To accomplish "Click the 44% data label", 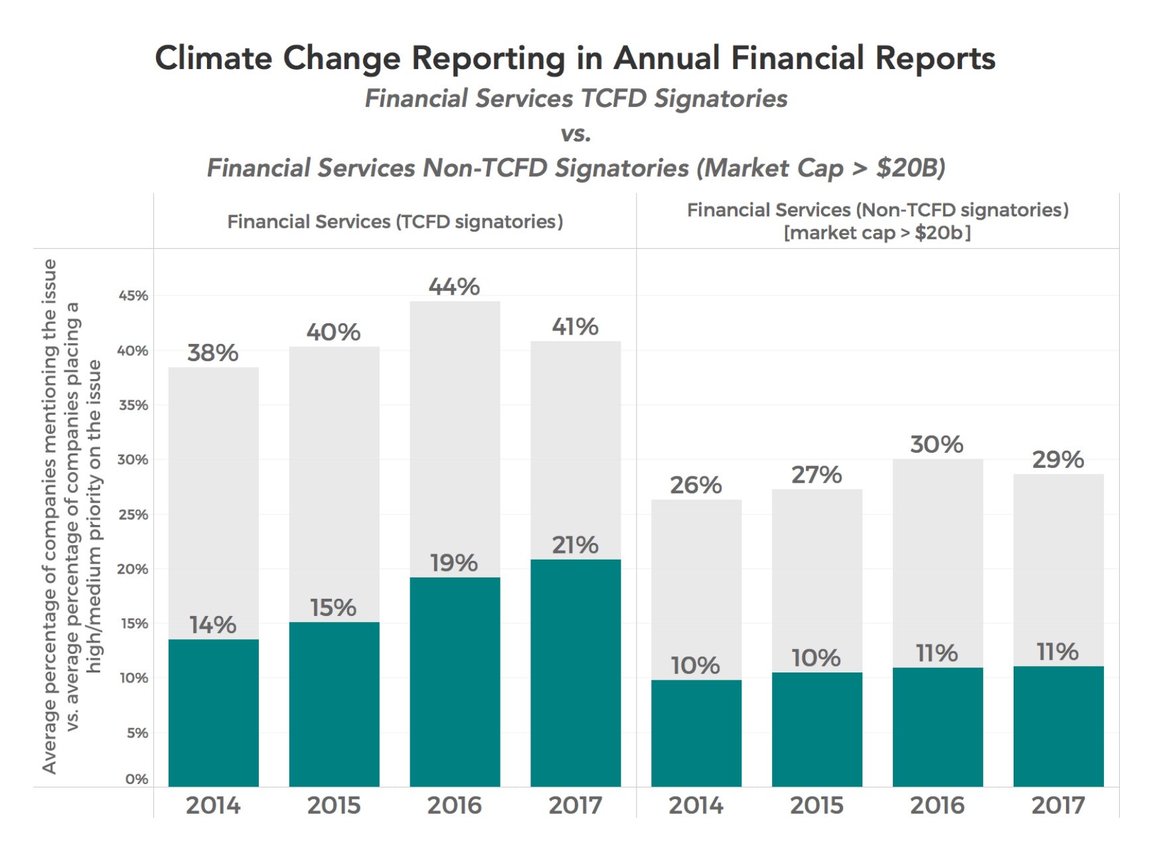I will (x=454, y=287).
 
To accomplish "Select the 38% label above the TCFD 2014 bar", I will (x=212, y=352).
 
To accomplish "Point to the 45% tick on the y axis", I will (x=133, y=295).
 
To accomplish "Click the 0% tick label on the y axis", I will (x=136, y=779).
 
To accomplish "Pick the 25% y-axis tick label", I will (x=133, y=514).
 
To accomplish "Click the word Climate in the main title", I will (x=213, y=58).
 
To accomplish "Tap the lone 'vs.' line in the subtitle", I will (x=576, y=133).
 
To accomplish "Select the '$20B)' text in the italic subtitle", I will (x=910, y=168).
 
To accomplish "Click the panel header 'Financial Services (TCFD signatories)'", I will (x=395, y=221).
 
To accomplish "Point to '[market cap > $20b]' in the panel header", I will (x=877, y=233).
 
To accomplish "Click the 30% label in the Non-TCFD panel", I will (x=937, y=444).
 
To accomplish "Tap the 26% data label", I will (x=696, y=485).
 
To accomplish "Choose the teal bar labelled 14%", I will (x=213, y=714).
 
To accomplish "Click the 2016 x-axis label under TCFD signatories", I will (x=454, y=805).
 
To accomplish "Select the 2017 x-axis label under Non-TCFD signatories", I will (x=1057, y=805).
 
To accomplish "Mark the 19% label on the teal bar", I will (x=454, y=563).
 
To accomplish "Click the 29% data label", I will (x=1057, y=459).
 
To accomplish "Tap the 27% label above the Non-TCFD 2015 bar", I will (x=816, y=475).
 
